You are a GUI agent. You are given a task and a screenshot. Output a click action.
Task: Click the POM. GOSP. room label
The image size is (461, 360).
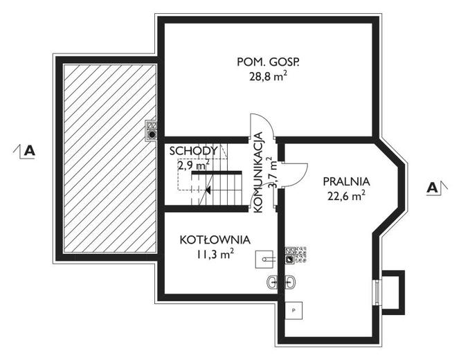tap(268, 62)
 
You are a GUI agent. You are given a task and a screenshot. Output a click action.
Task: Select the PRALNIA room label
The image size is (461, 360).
tap(346, 181)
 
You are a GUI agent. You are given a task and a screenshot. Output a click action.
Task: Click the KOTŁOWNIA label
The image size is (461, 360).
tap(215, 240)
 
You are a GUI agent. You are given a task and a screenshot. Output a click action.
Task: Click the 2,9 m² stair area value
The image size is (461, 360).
tap(193, 165)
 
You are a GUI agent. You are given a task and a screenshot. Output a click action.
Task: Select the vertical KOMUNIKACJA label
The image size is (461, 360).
tap(258, 171)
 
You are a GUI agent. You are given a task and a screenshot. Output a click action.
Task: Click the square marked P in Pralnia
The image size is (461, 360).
tap(293, 310)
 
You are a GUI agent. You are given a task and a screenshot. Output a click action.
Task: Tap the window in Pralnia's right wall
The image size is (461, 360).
tap(377, 291)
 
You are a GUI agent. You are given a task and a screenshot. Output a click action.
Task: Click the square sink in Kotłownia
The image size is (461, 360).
tap(266, 257)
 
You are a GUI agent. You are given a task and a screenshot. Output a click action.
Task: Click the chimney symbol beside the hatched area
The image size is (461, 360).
tap(152, 129)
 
